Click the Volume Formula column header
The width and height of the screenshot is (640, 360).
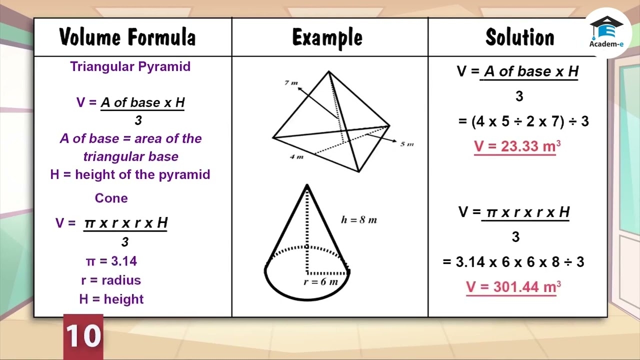point(127,37)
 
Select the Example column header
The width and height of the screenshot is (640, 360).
point(327,37)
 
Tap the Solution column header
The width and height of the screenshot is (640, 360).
point(520,37)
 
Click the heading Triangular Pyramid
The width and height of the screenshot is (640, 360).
point(130,67)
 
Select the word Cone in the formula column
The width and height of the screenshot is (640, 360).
point(111,198)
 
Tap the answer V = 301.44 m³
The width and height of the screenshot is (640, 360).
point(513,287)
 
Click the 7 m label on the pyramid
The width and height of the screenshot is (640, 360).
point(291,82)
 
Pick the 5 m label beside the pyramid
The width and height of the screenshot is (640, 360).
point(407,144)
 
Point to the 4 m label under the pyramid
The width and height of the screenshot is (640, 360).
point(296,157)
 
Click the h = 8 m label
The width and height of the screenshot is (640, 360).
point(359,219)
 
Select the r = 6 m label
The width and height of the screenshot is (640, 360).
point(321,282)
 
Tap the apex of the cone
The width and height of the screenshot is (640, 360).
point(307,185)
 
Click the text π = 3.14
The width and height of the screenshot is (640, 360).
point(111,261)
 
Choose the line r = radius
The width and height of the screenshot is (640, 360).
point(111,280)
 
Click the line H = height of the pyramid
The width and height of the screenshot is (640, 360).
point(130,174)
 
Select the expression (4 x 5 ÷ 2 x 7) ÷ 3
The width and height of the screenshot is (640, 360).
point(523,121)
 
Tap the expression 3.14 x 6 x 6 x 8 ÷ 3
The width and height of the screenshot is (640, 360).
point(513,262)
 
